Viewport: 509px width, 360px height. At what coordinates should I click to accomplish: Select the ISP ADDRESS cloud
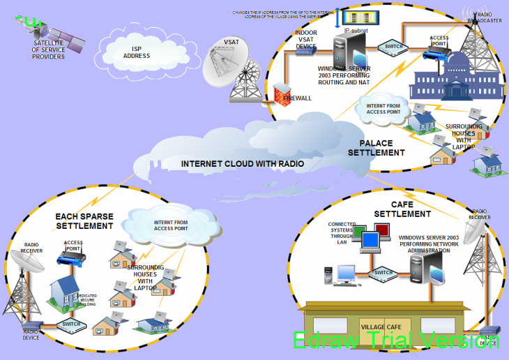pos(136,52)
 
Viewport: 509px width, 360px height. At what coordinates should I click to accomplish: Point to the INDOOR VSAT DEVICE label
pos(306,39)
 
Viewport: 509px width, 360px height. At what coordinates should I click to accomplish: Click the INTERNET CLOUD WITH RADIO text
pos(242,164)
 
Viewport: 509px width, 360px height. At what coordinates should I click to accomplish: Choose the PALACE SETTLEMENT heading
pos(377,148)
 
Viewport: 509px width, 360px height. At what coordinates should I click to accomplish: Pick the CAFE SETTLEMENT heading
pos(402,209)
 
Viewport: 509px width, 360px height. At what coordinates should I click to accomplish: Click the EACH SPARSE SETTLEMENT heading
pos(84,221)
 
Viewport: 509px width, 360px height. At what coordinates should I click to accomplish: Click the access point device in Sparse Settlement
pos(70,260)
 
